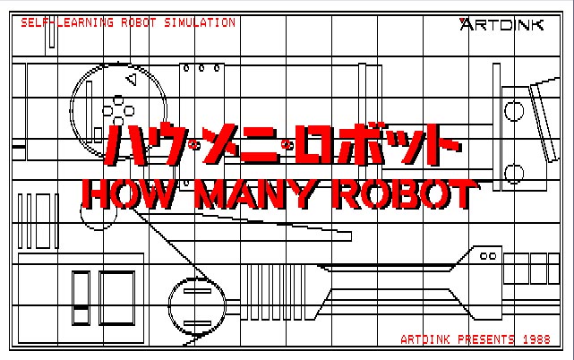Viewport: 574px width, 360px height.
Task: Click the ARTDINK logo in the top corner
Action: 501,24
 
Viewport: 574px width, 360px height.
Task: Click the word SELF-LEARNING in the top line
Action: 67,22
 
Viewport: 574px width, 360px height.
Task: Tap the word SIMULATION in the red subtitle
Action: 200,22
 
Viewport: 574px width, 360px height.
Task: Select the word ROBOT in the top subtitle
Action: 139,22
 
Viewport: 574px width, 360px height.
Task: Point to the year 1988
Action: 536,339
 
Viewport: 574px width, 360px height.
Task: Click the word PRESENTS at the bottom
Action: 486,339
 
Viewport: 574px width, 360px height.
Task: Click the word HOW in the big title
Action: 128,194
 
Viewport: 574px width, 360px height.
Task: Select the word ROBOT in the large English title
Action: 406,194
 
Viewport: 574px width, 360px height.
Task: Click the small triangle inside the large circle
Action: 132,80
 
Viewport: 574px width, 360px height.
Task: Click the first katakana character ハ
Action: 124,145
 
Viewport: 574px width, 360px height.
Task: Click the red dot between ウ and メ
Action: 193,145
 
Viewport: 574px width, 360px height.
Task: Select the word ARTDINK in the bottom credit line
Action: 425,339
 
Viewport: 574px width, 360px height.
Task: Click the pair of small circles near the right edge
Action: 488,256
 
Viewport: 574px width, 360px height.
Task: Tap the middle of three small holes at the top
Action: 201,68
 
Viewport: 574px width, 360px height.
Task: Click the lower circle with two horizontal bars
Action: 197,307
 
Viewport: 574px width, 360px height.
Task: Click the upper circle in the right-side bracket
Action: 514,111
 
